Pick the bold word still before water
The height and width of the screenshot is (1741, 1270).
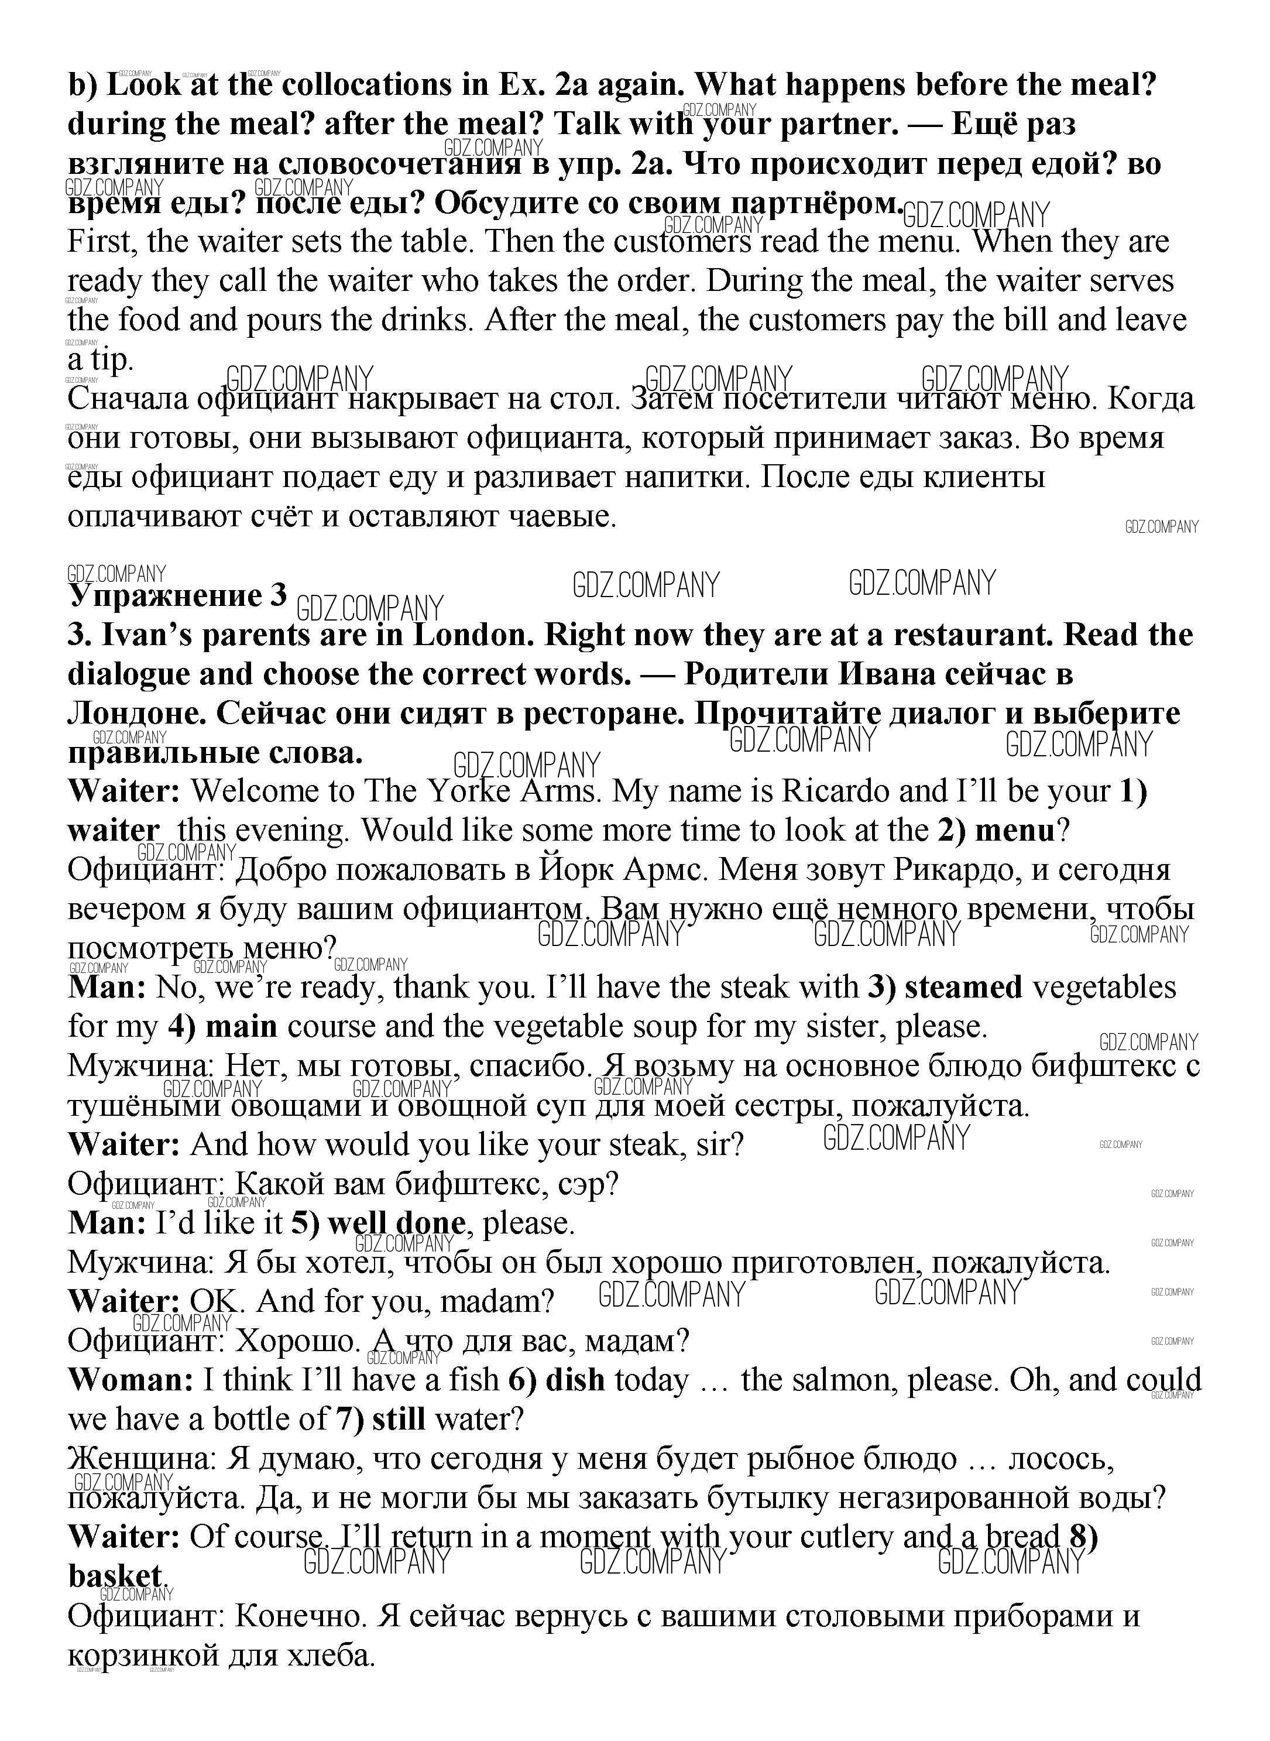pyautogui.click(x=398, y=1419)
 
